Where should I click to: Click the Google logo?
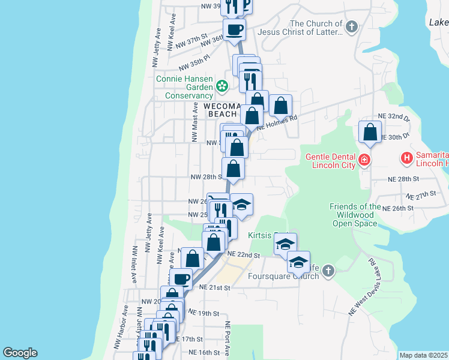click(20, 353)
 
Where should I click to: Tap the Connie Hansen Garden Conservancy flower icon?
click(222, 87)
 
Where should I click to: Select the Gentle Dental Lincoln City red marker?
click(364, 160)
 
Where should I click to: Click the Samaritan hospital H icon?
click(406, 158)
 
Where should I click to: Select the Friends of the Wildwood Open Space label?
click(354, 215)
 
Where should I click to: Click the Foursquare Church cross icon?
click(327, 272)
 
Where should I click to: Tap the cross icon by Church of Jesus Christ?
click(352, 27)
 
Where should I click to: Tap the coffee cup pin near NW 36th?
click(234, 29)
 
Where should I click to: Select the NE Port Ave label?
click(228, 337)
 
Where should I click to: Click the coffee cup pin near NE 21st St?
click(181, 278)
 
